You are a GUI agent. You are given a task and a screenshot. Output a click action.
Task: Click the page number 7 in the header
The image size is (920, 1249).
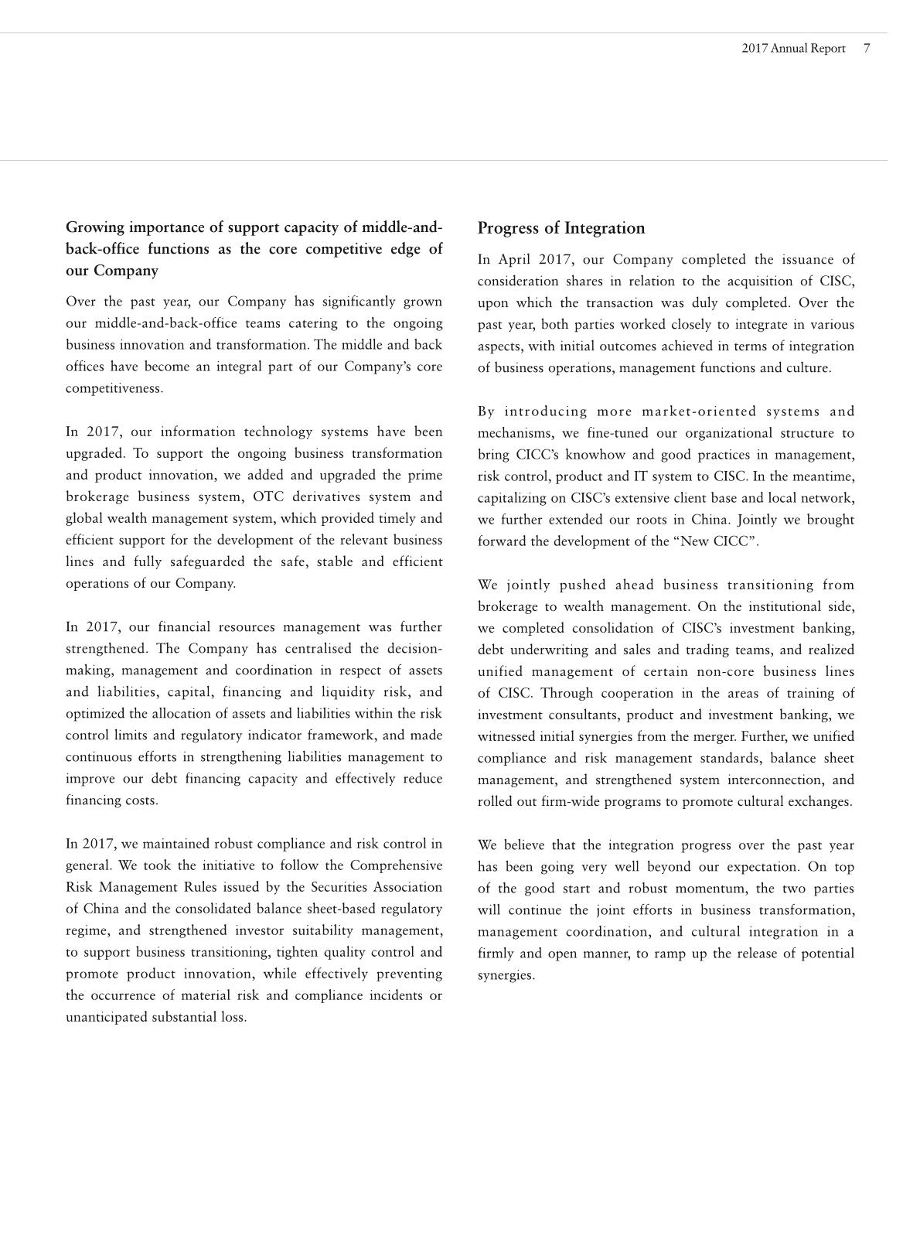[867, 48]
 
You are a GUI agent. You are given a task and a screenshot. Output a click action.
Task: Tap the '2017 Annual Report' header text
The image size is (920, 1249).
[793, 48]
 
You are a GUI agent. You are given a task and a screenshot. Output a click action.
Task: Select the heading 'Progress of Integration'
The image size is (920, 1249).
[561, 228]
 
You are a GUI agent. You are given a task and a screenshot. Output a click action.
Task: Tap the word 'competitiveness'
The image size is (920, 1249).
[114, 388]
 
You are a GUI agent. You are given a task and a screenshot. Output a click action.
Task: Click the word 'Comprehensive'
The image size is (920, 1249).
[396, 865]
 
